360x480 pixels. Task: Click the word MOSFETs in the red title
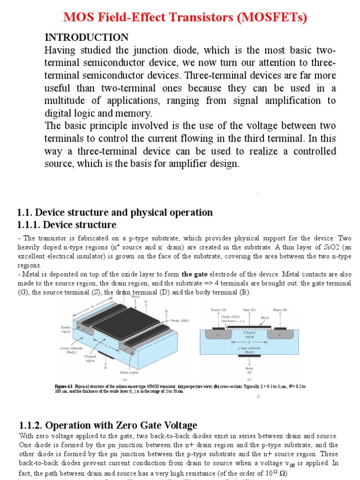point(271,17)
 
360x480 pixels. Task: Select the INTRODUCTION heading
point(86,37)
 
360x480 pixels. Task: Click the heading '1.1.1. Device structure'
point(67,225)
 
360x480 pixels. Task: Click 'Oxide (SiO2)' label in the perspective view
point(180,321)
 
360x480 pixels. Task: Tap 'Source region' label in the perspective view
point(66,330)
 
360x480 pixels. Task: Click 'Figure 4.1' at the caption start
point(64,386)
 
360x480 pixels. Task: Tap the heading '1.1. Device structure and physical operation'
point(115,212)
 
